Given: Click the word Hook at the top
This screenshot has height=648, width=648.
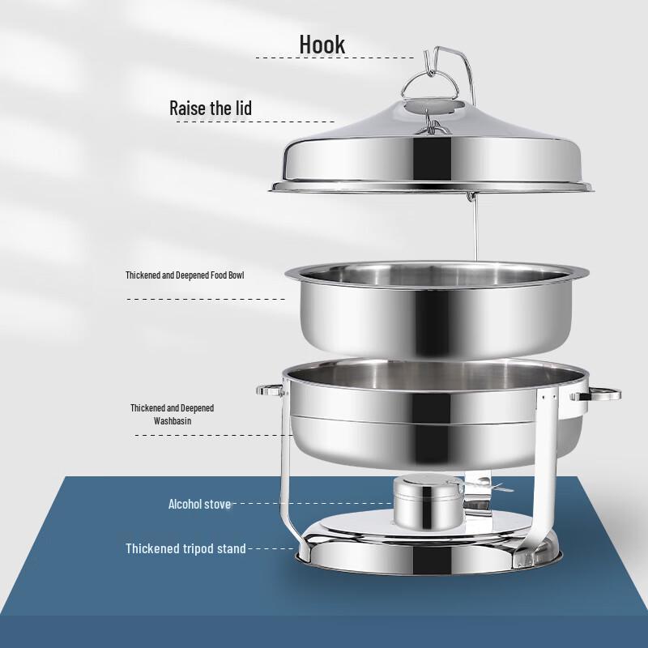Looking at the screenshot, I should point(322,44).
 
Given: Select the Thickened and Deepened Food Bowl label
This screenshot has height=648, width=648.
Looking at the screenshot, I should point(185,275).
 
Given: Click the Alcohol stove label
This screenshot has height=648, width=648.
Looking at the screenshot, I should point(199,504).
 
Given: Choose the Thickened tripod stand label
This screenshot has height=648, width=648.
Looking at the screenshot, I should point(185,548).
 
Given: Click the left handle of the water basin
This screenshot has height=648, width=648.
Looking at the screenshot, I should point(270,390).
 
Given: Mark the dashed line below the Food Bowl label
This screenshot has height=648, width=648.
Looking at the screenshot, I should point(206,299).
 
